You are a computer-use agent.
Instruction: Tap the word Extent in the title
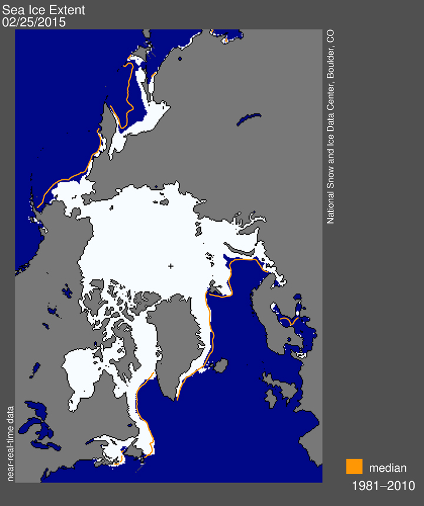click(x=58, y=10)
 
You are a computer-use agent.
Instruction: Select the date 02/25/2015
click(x=34, y=22)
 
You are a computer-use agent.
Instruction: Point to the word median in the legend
click(x=387, y=468)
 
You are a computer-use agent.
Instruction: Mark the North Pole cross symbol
click(x=171, y=267)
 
